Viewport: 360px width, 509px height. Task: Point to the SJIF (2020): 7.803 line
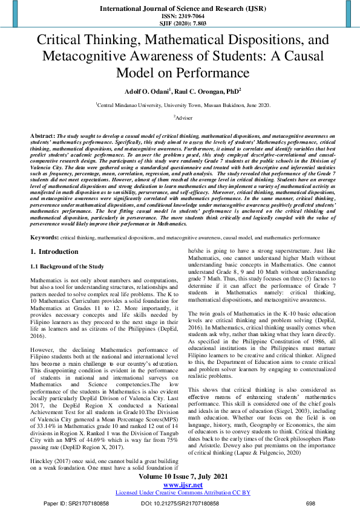(x=180, y=22)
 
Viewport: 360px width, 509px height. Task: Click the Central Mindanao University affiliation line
(x=180, y=105)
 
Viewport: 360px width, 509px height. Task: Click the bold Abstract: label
(x=42, y=137)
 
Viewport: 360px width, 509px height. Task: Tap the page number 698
(x=311, y=502)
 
